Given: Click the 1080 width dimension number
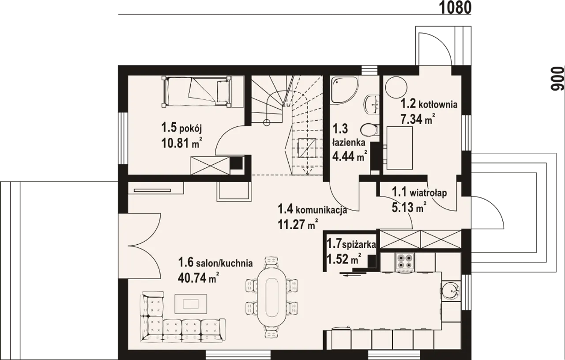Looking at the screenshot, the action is [x=456, y=8].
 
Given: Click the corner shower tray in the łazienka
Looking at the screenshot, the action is [x=345, y=90].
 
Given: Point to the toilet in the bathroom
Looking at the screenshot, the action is [x=369, y=130].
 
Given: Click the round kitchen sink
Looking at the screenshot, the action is [x=451, y=292].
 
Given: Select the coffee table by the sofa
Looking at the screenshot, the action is [x=191, y=304].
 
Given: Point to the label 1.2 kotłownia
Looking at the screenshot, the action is [x=429, y=104].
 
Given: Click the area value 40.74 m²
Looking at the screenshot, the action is [x=198, y=278].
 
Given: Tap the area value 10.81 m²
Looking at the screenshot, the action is [x=182, y=143].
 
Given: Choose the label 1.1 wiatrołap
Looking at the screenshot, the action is [x=419, y=193].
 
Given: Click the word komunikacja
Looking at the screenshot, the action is [x=321, y=210].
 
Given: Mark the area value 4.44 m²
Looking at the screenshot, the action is [x=349, y=156].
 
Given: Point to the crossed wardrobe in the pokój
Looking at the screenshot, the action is [x=210, y=166].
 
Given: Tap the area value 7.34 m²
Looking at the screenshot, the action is [x=418, y=119].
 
